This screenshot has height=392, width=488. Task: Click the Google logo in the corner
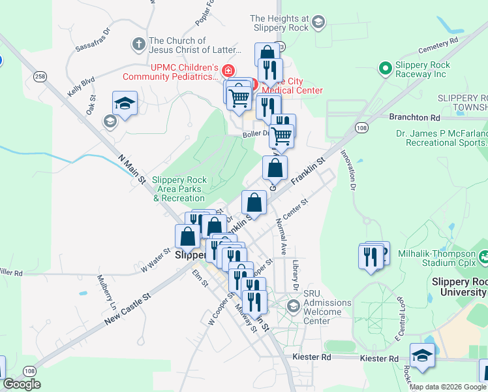coord(22,384)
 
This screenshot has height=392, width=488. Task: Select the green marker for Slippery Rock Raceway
coord(385,67)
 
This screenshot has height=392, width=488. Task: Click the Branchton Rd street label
coord(414,118)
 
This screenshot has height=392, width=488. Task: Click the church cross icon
coord(138,44)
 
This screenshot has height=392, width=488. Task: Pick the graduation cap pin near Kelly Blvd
coord(125,103)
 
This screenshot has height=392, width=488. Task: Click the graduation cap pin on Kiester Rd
coord(422,355)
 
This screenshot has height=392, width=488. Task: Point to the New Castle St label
coord(127,306)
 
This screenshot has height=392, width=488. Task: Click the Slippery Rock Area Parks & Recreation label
coord(178,189)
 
